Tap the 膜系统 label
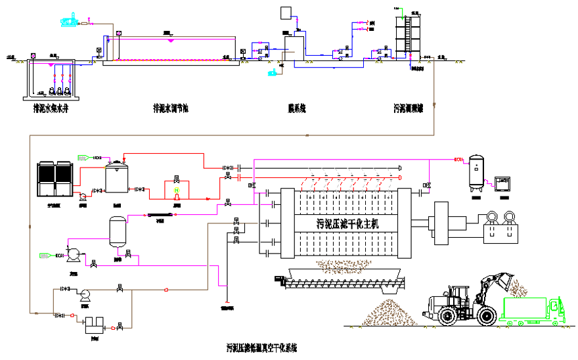[294, 108]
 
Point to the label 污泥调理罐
[408, 108]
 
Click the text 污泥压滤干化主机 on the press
[347, 223]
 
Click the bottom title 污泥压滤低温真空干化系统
[262, 346]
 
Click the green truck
[531, 311]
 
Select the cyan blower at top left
[68, 21]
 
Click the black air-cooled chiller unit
[54, 179]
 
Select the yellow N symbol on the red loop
[176, 191]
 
